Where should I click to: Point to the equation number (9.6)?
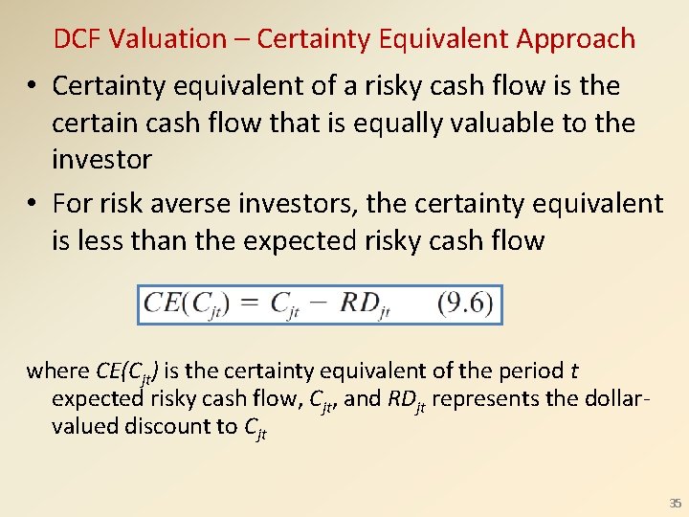point(465,303)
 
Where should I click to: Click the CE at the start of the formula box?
point(162,304)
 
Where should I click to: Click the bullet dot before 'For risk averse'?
point(33,204)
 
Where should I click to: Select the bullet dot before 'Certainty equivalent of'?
point(33,86)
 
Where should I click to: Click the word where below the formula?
point(58,371)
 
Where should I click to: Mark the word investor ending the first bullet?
point(101,159)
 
